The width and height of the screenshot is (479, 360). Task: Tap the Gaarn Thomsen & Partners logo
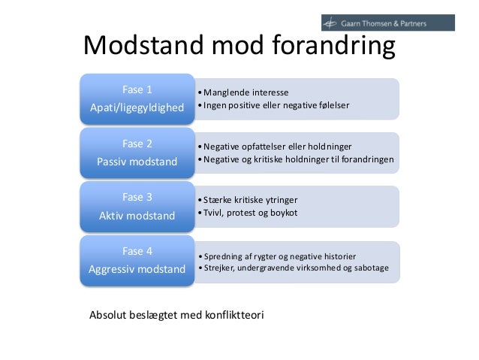click(x=387, y=23)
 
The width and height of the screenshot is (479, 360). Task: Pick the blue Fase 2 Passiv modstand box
click(x=137, y=153)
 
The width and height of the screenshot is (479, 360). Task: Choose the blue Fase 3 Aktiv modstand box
click(x=137, y=207)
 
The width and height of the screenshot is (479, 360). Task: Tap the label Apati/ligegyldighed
click(x=137, y=107)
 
